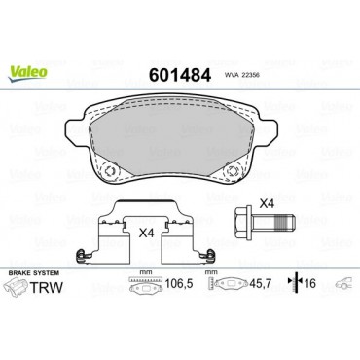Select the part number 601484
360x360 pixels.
click(x=179, y=75)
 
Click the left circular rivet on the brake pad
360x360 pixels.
click(x=110, y=169)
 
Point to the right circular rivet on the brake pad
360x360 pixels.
click(x=234, y=169)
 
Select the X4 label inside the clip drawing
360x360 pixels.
click(x=146, y=233)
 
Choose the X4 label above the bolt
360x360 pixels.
click(x=268, y=204)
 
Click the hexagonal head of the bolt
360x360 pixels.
click(x=243, y=224)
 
